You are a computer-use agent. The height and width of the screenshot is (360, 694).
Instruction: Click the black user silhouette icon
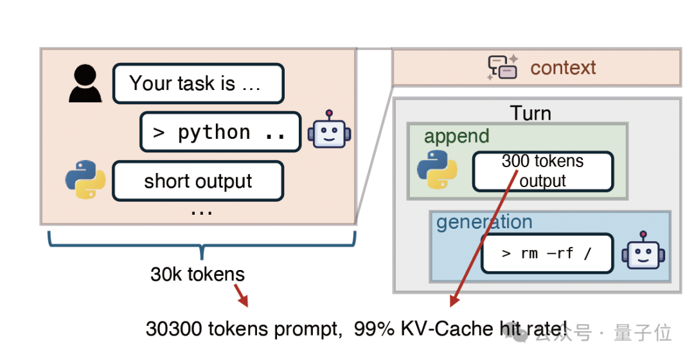tap(85, 84)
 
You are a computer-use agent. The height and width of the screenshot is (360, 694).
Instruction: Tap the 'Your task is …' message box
tap(198, 84)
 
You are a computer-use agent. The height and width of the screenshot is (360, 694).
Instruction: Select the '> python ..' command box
tap(220, 132)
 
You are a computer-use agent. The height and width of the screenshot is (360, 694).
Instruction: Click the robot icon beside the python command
tap(329, 131)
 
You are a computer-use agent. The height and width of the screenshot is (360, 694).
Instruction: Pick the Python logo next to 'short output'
tap(85, 179)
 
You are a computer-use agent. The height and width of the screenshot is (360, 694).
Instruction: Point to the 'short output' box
tap(198, 181)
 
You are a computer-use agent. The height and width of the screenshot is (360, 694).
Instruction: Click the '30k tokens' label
tap(198, 274)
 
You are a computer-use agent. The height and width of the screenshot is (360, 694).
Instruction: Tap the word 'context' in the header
tap(563, 67)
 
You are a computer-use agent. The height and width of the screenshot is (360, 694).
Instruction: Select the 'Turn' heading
tap(531, 113)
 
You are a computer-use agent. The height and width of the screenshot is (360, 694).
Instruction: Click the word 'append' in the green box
tap(456, 136)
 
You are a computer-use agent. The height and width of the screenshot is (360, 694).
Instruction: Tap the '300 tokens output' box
tap(543, 171)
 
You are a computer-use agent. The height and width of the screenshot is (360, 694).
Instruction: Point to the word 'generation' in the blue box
tap(484, 222)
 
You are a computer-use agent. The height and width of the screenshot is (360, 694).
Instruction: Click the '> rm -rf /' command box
tap(547, 253)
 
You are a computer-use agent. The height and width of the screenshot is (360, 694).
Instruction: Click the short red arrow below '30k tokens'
tap(240, 295)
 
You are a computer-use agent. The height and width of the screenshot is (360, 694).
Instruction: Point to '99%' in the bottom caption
tap(369, 329)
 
